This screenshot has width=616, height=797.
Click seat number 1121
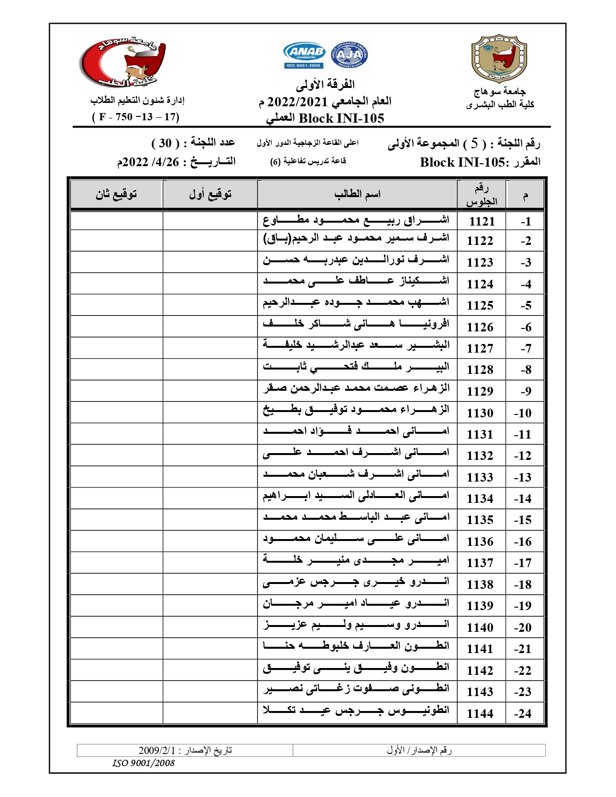[x=482, y=221]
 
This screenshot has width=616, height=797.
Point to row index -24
[x=523, y=713]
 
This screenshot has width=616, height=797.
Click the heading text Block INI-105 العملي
[x=325, y=118]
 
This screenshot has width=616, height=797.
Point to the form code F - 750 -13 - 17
[x=136, y=117]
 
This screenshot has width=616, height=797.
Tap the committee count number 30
[x=165, y=143]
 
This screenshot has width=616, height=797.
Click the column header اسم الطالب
[x=357, y=194]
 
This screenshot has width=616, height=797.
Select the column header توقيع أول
[x=210, y=194]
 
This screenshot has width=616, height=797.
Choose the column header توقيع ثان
[x=116, y=194]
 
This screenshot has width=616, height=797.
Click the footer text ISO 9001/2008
[x=143, y=763]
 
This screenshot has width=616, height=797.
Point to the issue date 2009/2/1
[x=157, y=750]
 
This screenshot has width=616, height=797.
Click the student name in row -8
[x=356, y=368]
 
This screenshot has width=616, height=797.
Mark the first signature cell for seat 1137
[x=210, y=563]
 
